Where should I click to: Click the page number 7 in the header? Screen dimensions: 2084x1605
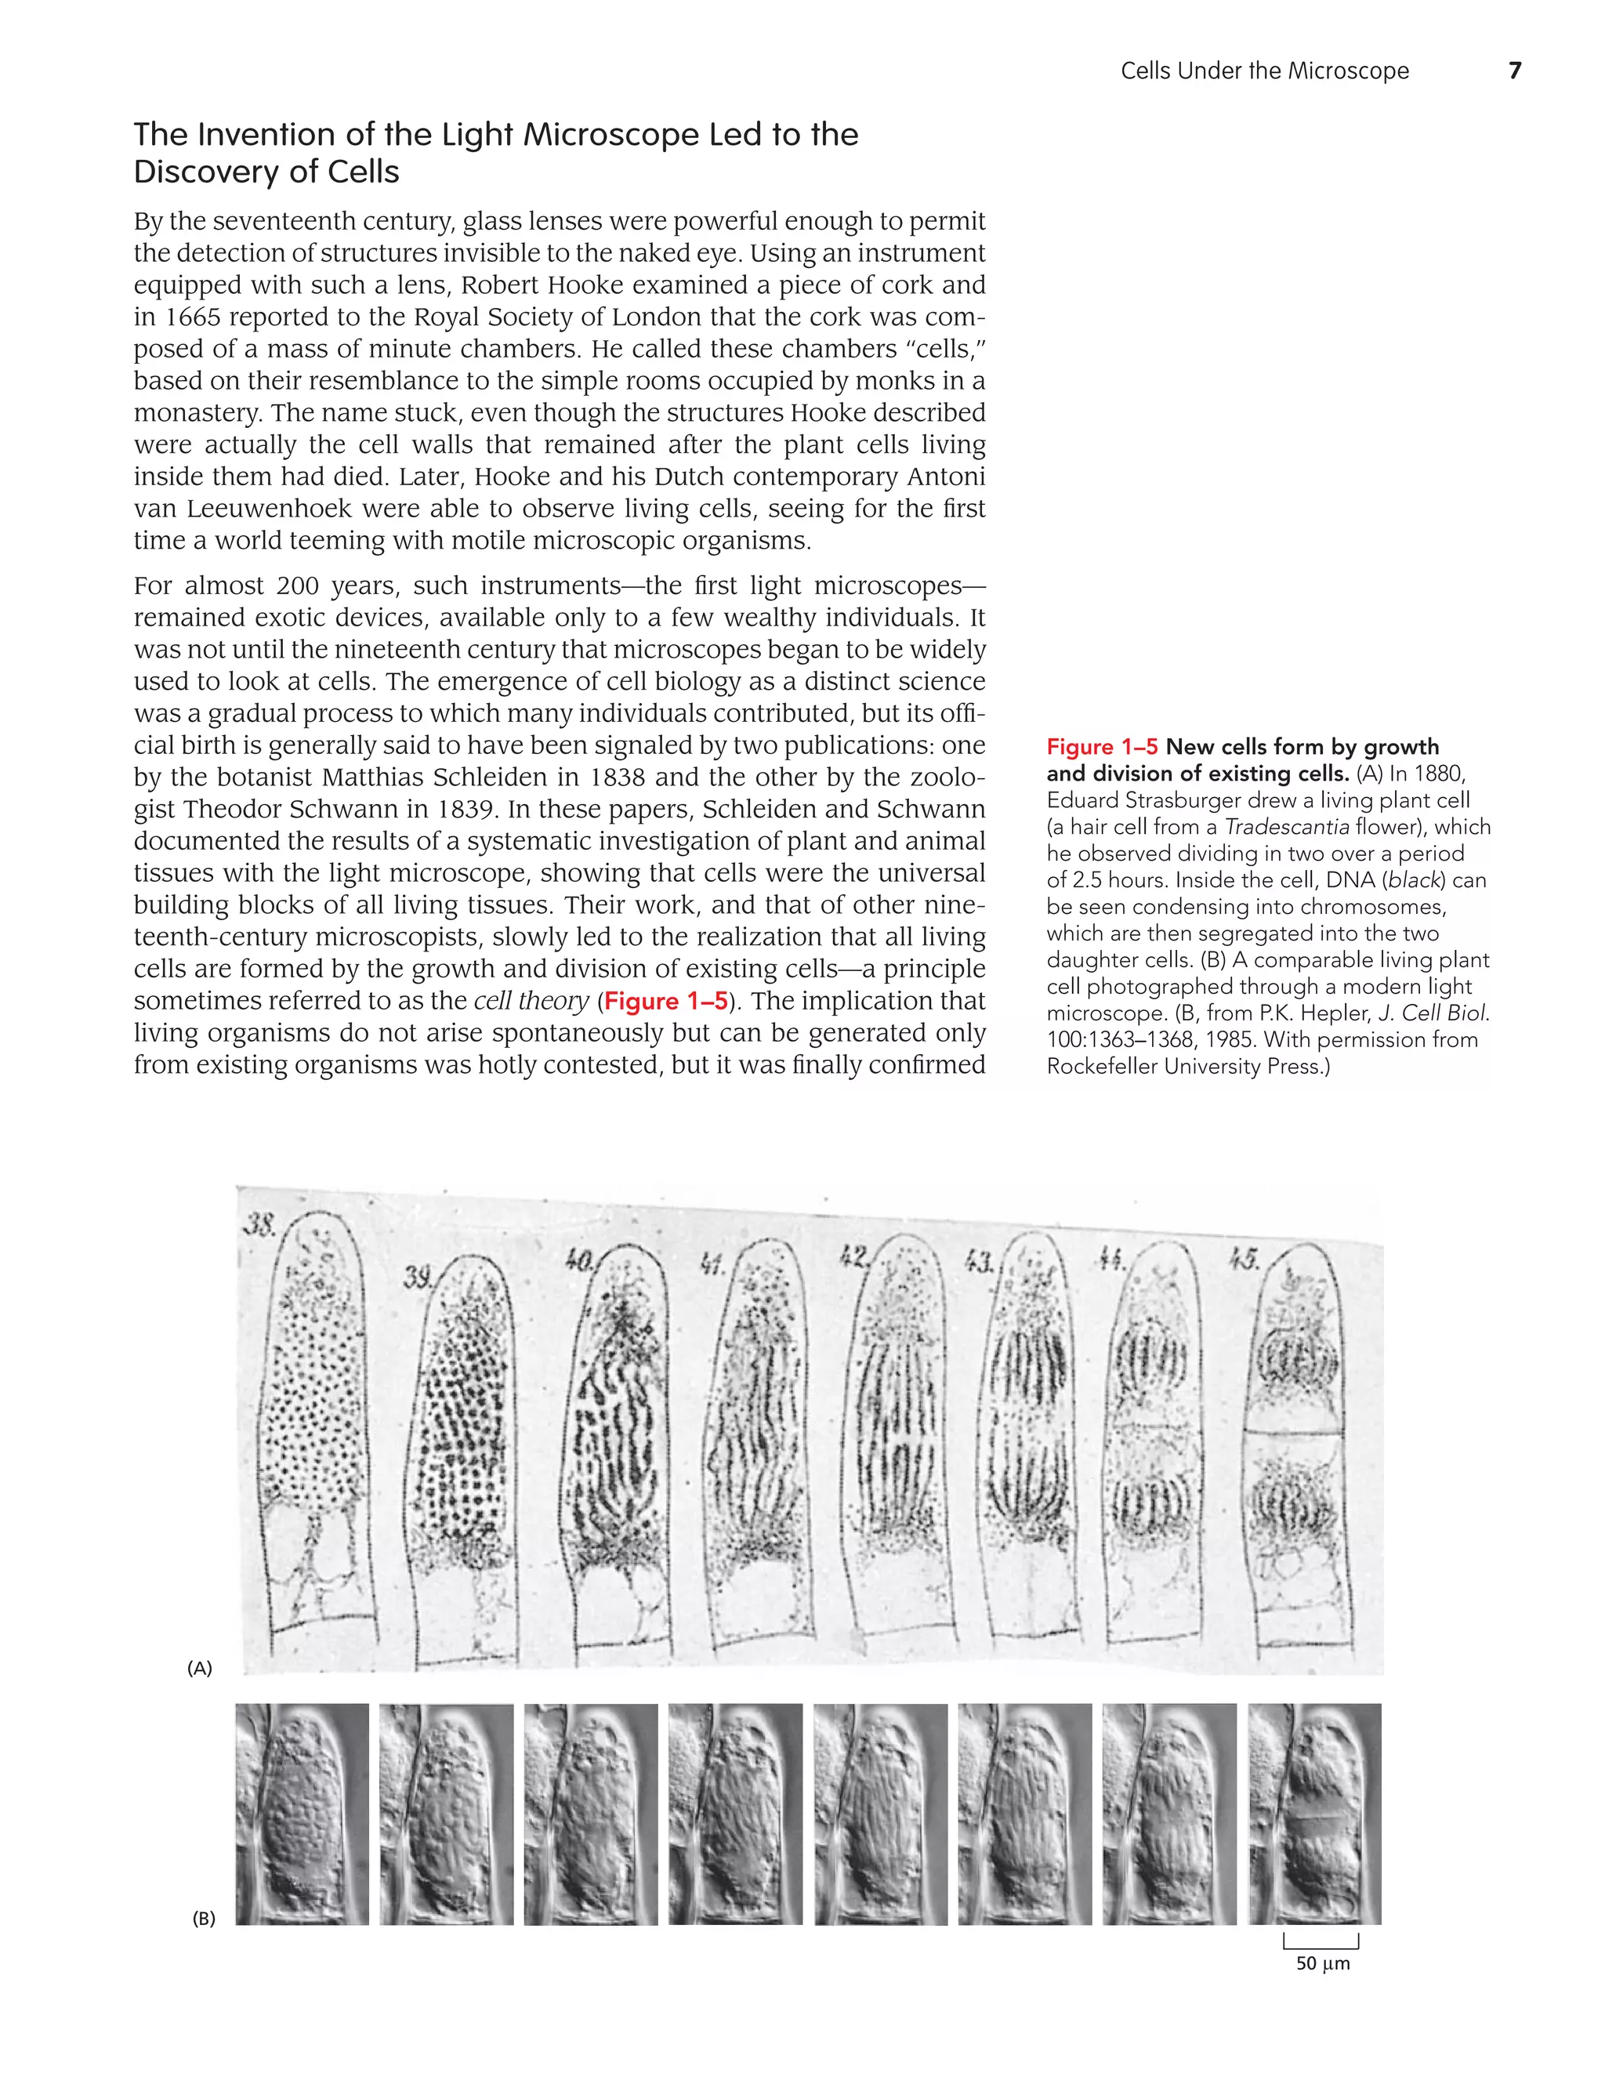[1514, 70]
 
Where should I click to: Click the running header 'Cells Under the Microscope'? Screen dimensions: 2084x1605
[1264, 71]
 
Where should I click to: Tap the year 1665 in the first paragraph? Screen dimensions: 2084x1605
[189, 317]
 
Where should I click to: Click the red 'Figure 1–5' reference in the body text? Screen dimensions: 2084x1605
[666, 1001]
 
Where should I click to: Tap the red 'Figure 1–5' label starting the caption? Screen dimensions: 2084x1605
[1101, 747]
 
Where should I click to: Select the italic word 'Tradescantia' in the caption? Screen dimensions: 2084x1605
[1284, 828]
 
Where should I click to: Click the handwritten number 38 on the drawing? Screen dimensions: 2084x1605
[259, 1225]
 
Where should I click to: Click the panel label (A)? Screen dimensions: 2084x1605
[199, 1668]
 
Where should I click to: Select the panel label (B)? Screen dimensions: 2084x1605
[203, 1918]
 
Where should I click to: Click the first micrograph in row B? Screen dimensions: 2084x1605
[302, 1813]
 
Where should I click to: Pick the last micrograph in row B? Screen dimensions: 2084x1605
[1314, 1813]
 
